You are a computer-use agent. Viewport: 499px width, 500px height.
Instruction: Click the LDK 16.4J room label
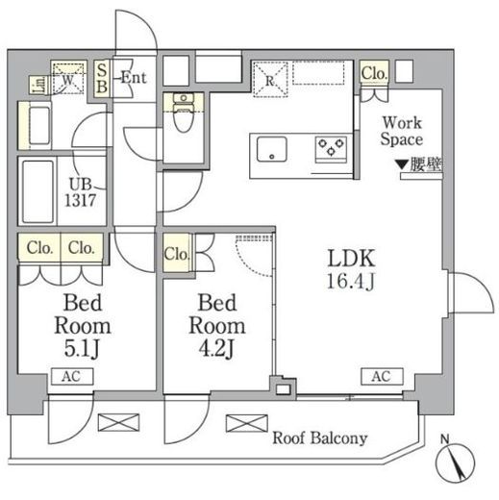click(x=351, y=269)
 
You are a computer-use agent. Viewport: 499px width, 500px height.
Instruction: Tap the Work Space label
click(x=402, y=131)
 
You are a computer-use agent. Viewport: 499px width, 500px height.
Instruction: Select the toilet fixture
click(x=184, y=113)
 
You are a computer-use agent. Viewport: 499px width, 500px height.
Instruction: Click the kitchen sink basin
click(x=272, y=149)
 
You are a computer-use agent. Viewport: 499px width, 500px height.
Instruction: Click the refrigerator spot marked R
click(x=270, y=80)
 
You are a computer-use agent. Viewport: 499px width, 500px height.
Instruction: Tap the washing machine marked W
click(x=68, y=79)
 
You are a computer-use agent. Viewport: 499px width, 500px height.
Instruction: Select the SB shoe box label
click(x=102, y=79)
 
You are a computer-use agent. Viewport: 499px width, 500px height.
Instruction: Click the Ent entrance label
click(x=134, y=78)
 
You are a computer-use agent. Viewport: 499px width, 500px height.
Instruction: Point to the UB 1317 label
click(x=81, y=192)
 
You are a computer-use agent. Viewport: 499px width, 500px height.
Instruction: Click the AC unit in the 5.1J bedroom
click(x=72, y=376)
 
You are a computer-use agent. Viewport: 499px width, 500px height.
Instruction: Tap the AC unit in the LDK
click(x=382, y=376)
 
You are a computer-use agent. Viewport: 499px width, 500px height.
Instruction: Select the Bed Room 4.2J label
click(x=217, y=326)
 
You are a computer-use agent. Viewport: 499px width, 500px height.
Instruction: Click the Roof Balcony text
click(x=319, y=438)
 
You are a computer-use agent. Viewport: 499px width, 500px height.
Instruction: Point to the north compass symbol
click(x=455, y=460)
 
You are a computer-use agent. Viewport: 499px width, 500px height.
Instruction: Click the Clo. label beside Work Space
click(x=374, y=73)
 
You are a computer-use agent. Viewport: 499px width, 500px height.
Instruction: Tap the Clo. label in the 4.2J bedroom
click(x=177, y=254)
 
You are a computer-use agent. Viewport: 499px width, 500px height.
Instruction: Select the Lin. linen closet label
click(x=40, y=85)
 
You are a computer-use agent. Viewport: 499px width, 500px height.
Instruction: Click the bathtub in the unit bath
click(x=37, y=191)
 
